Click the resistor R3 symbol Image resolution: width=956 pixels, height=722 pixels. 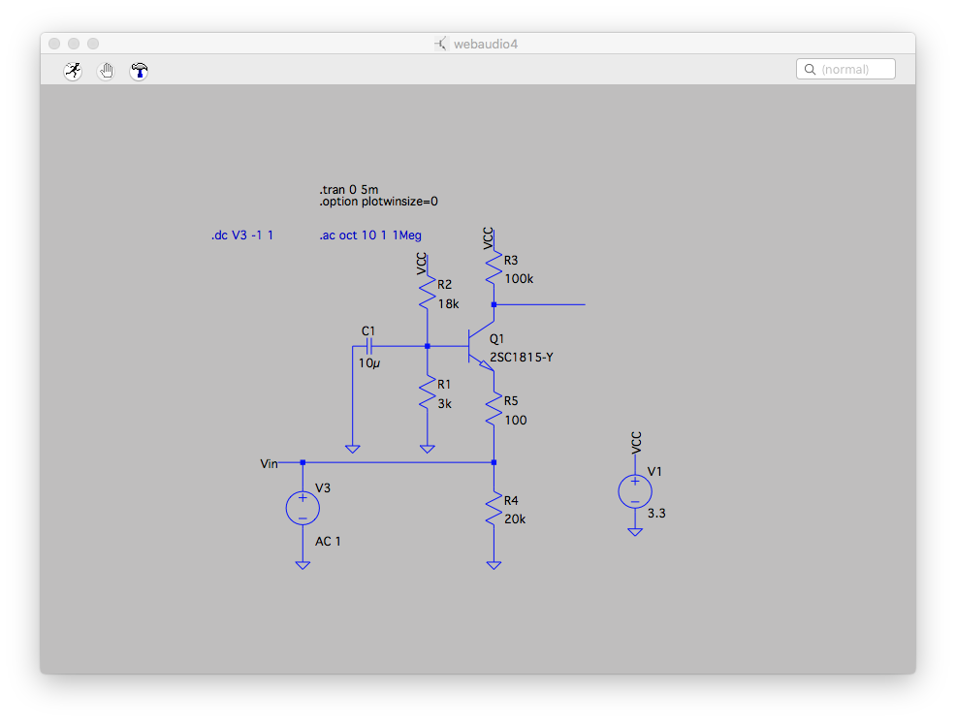494,268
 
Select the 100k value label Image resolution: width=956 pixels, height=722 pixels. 519,279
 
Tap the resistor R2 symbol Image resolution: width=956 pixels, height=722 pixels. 427,294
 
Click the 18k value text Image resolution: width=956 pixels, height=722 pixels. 448,303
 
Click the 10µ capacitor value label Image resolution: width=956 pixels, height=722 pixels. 368,363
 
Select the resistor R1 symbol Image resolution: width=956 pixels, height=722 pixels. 427,394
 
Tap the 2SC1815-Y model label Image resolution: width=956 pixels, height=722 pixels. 522,358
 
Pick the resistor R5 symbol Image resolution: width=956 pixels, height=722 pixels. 494,410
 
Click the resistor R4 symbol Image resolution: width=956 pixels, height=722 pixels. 494,509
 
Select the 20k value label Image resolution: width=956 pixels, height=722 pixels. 515,519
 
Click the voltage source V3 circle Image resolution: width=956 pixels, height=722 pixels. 303,508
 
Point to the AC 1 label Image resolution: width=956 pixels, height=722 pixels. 328,541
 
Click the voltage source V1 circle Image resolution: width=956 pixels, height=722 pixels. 635,491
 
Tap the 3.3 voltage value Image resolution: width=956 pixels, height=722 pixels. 656,514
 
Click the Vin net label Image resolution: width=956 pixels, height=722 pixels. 270,464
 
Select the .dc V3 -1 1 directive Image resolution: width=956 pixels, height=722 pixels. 242,235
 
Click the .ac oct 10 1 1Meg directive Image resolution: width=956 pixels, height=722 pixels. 370,235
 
